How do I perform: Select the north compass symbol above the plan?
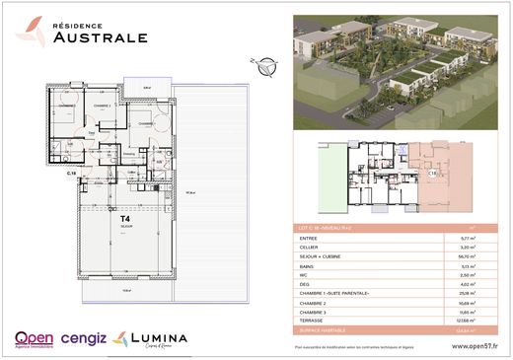[262, 66]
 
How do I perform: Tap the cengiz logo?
[83, 338]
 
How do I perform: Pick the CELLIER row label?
[309, 248]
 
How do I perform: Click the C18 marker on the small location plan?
[431, 173]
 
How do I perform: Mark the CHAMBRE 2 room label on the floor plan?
[99, 105]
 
